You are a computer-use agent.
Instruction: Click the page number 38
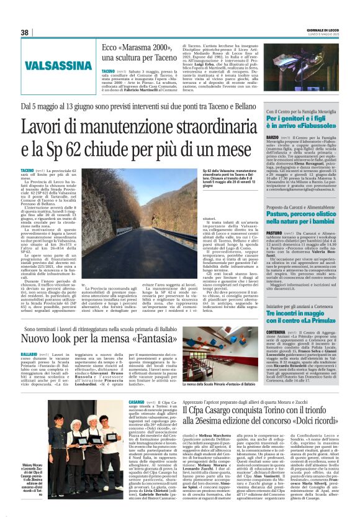click(x=25, y=32)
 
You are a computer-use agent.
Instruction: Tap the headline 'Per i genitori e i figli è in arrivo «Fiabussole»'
click(x=305, y=122)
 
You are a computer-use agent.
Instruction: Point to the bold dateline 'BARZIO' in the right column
click(x=272, y=136)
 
